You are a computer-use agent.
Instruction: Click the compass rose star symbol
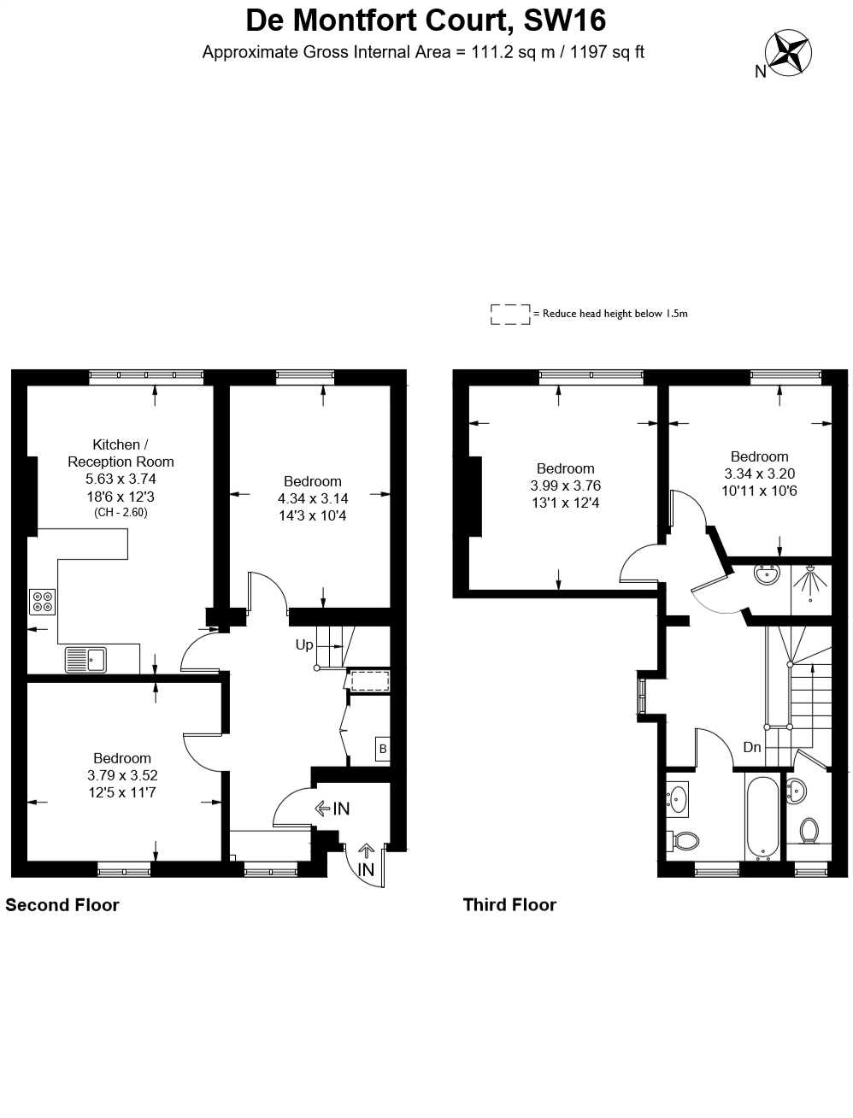click(788, 52)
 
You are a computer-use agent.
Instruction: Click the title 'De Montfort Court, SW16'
click(426, 21)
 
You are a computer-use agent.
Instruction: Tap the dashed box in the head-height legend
click(510, 315)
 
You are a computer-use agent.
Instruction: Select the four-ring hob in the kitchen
click(42, 602)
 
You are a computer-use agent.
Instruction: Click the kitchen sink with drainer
click(85, 660)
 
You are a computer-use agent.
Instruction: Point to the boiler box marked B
click(382, 748)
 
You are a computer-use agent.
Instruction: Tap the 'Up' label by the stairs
click(304, 644)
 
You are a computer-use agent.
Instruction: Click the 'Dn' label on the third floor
click(751, 747)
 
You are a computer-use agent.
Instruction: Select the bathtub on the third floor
click(762, 817)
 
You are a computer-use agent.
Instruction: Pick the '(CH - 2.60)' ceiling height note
click(121, 512)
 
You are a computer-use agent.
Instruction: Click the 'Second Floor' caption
click(62, 905)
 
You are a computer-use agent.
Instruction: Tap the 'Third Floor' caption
click(509, 904)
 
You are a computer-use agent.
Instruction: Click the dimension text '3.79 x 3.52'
click(122, 775)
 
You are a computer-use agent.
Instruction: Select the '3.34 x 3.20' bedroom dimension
click(759, 474)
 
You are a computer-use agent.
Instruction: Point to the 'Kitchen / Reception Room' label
click(121, 453)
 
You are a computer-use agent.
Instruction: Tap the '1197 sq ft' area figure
click(607, 52)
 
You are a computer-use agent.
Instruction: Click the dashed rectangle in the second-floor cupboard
click(370, 681)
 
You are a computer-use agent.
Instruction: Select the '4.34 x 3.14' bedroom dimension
click(313, 498)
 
